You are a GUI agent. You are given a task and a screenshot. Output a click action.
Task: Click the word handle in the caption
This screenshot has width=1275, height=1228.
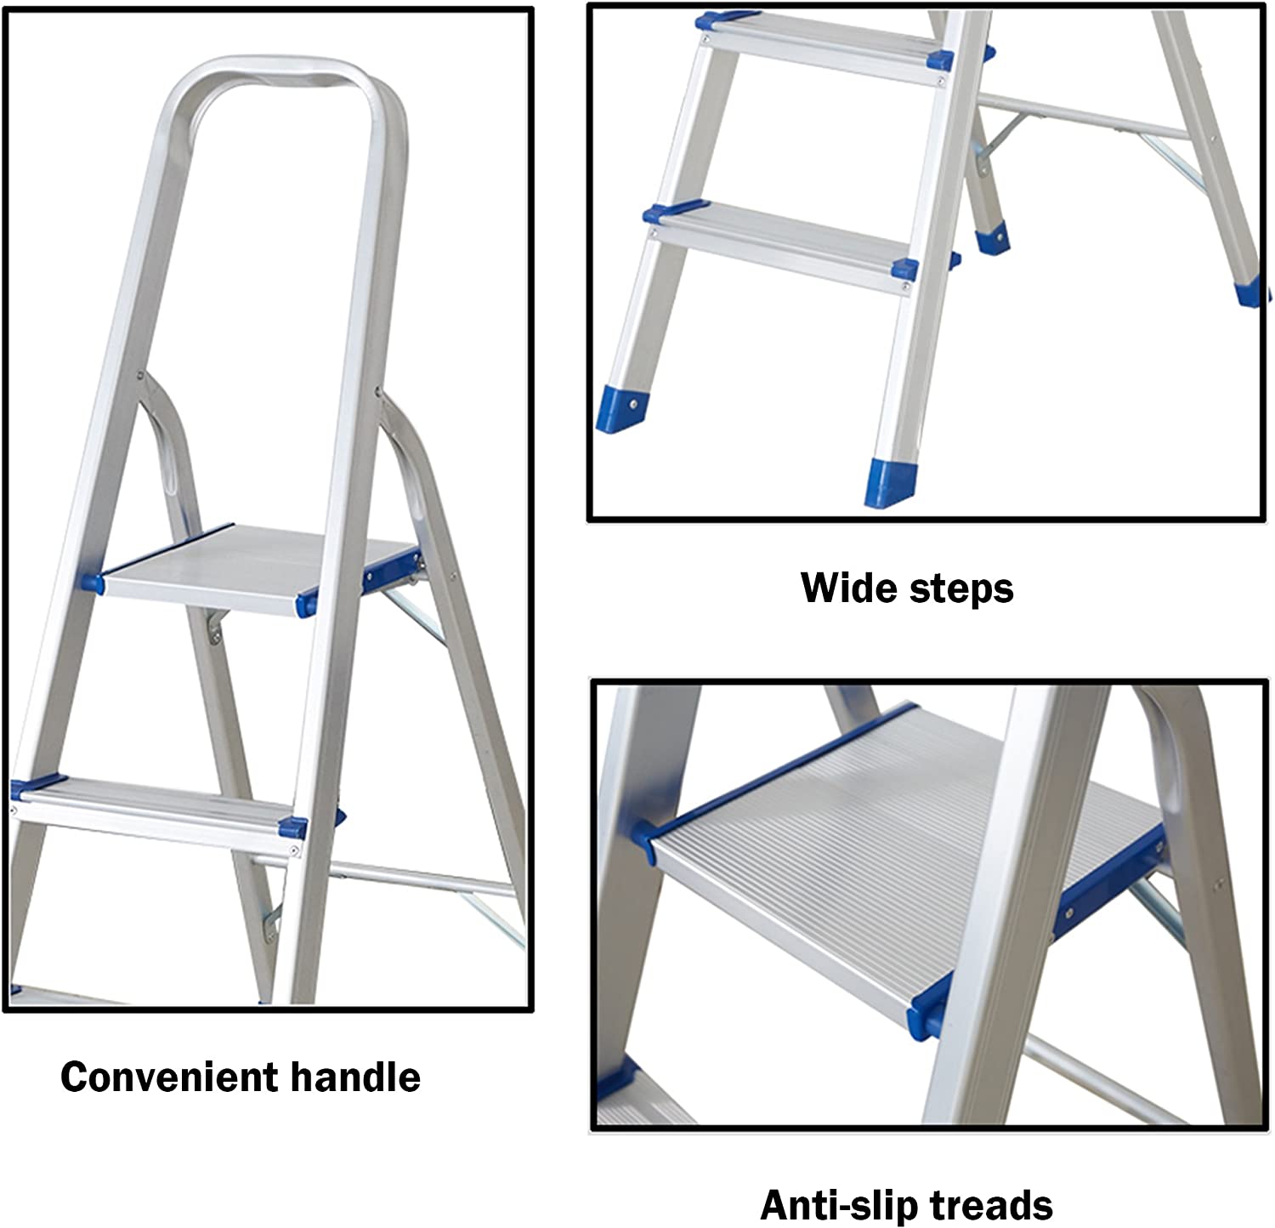[x=356, y=1077]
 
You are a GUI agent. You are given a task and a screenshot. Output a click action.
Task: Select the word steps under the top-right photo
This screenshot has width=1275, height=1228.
[x=960, y=589]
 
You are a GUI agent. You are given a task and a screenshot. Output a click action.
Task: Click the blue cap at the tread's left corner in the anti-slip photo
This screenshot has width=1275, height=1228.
[x=646, y=838]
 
